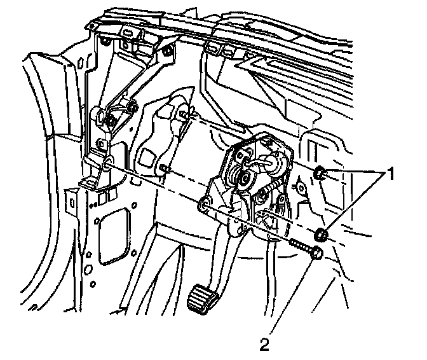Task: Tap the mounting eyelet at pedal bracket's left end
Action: click(x=205, y=205)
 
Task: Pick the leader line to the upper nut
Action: click(x=356, y=173)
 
